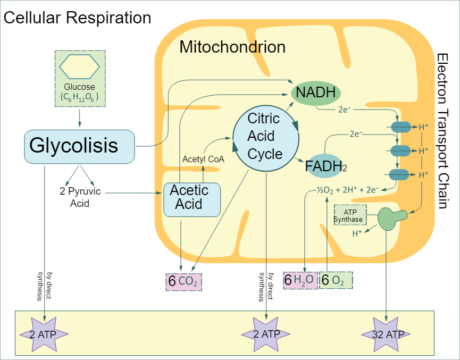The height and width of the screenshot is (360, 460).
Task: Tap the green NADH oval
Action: (316, 93)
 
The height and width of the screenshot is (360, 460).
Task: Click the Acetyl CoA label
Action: (204, 159)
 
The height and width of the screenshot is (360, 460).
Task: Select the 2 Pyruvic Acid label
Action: (80, 197)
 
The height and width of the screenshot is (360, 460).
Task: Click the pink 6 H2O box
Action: (300, 280)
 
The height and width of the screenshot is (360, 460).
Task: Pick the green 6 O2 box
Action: (336, 280)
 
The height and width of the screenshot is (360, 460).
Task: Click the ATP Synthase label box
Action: (350, 215)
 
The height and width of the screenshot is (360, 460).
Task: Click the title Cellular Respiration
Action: (77, 18)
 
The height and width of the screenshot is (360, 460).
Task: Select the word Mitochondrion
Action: (232, 47)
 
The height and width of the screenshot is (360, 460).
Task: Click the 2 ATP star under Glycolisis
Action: (44, 334)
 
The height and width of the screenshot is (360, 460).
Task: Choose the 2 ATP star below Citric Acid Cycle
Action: (266, 334)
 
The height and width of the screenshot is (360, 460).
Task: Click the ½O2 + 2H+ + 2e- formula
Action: (347, 189)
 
